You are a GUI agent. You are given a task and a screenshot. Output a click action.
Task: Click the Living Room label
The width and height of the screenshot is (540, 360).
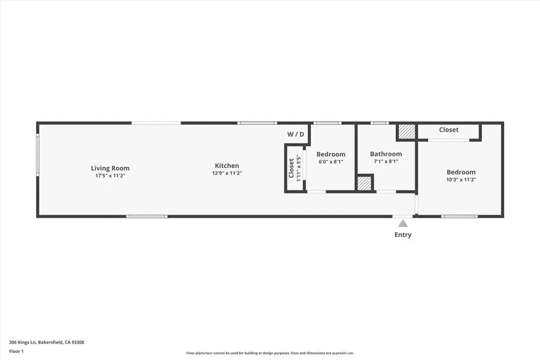[110, 168]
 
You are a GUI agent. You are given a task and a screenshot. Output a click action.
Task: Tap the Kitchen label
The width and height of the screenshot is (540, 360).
[227, 166]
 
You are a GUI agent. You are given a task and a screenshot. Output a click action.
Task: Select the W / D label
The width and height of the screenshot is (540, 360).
[296, 134]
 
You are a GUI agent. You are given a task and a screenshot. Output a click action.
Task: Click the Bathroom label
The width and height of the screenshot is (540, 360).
[386, 154]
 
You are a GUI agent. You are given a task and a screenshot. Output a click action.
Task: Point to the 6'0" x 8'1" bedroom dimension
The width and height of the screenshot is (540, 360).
[331, 161]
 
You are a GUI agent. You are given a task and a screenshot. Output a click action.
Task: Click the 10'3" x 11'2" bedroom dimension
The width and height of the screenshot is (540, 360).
[461, 179]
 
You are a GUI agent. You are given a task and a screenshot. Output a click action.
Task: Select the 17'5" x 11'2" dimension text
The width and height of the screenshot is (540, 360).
[110, 176]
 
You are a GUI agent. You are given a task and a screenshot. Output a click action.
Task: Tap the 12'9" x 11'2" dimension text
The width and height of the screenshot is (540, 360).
[227, 173]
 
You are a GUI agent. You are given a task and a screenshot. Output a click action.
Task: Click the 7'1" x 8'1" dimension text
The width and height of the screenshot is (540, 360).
[386, 161]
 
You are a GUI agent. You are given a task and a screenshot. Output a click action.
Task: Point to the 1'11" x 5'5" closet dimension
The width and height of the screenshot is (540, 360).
[299, 168]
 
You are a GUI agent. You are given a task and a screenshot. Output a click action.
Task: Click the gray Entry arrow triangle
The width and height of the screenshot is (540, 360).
[403, 223]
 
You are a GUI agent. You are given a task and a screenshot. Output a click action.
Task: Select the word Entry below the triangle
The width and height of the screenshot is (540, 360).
[403, 235]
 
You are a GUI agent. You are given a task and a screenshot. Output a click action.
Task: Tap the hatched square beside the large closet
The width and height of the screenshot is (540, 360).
[407, 131]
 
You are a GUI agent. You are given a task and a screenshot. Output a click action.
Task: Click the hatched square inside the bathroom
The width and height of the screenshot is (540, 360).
[364, 183]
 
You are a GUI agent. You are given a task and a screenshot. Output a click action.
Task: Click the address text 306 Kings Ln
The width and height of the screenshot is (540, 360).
[23, 343]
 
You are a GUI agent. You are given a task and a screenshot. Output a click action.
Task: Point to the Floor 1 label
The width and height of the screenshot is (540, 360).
[16, 352]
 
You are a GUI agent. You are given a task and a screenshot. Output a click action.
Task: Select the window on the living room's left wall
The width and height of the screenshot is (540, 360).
[38, 155]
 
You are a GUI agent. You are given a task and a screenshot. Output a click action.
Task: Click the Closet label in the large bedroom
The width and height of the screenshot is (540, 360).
[449, 130]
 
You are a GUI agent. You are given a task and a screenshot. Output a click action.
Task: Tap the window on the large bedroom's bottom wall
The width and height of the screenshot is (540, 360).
[459, 217]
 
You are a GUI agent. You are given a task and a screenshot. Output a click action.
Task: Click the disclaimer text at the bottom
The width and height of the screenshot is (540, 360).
[270, 353]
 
